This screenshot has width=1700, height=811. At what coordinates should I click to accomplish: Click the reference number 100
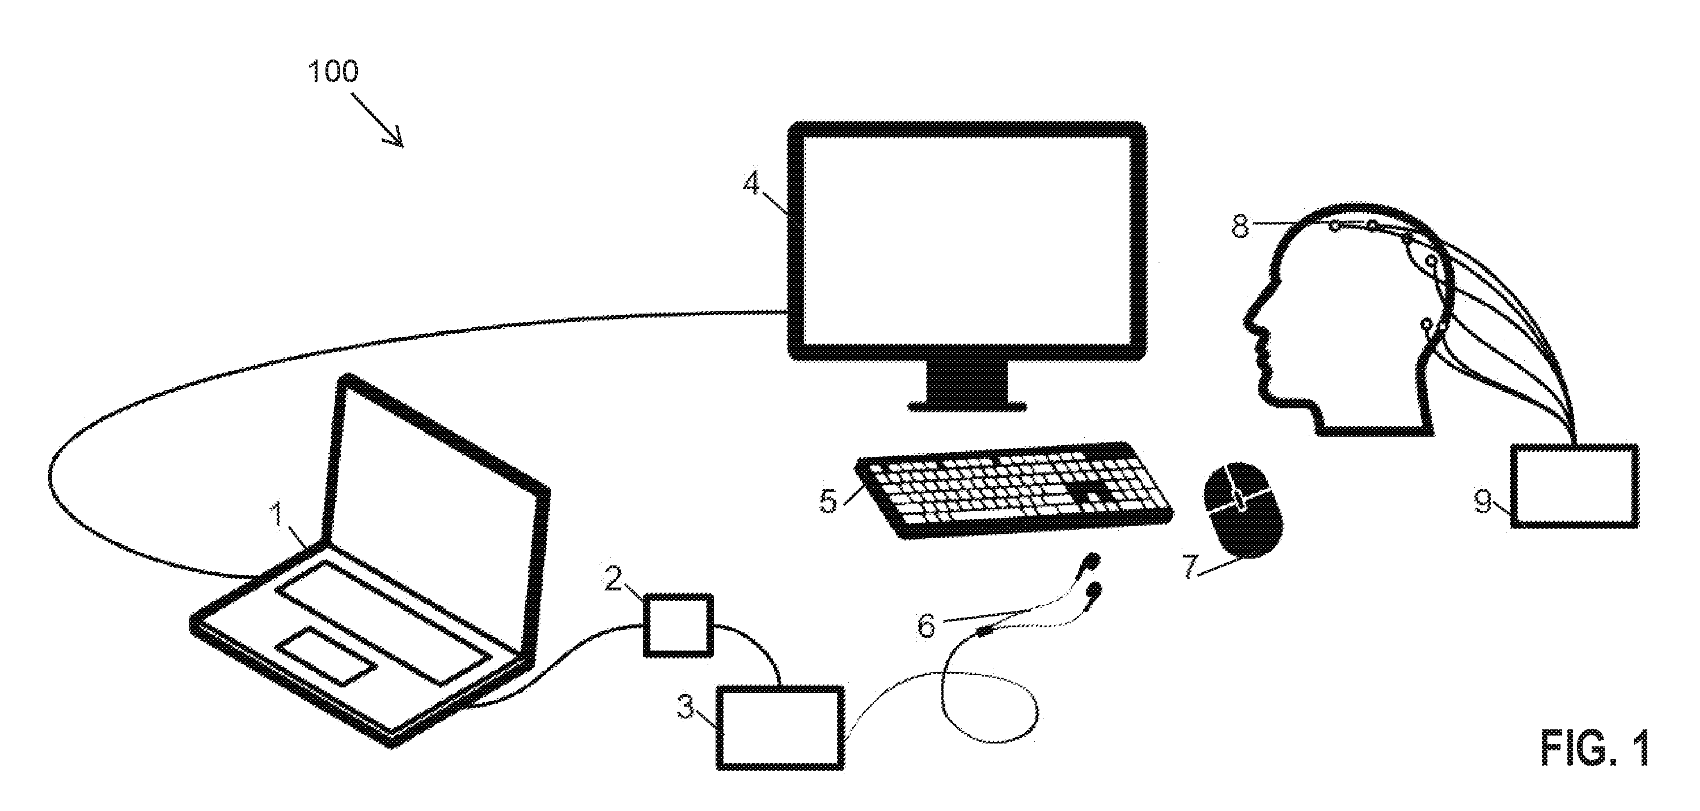click(x=333, y=71)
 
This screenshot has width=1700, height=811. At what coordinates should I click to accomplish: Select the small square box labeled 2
click(x=678, y=625)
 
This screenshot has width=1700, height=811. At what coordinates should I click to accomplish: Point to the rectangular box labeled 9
click(x=1575, y=487)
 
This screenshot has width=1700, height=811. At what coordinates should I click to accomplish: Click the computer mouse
click(x=1244, y=509)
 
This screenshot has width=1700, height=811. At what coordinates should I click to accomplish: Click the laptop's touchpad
click(x=327, y=654)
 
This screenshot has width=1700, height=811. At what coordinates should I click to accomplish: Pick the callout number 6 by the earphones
click(x=927, y=625)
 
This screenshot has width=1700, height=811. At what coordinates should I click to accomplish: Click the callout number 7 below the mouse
click(x=1190, y=567)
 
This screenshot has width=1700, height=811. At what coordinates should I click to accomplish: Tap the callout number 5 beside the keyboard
click(x=828, y=501)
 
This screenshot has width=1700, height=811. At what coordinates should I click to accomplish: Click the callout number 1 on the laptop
click(x=277, y=515)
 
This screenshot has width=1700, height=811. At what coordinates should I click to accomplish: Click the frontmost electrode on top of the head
click(x=1334, y=226)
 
